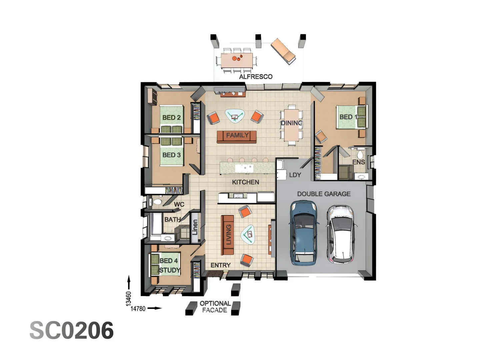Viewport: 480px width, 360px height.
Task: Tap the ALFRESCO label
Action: [256, 77]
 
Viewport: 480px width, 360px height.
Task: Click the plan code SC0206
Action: [72, 330]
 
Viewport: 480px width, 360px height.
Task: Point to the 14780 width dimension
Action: [138, 309]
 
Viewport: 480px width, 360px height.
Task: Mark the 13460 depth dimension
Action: [129, 299]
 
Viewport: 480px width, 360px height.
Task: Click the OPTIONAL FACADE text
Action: [215, 307]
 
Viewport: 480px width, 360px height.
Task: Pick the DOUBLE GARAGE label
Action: [324, 194]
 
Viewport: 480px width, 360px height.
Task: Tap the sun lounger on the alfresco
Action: [283, 51]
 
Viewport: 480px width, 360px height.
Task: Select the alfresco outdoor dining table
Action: [236, 61]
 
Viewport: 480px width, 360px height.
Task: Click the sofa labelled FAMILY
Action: [237, 136]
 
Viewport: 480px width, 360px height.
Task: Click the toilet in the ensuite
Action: [360, 155]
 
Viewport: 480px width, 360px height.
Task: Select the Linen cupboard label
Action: [195, 227]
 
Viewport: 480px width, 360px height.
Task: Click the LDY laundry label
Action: [295, 175]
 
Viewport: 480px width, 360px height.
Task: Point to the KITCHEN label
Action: [245, 182]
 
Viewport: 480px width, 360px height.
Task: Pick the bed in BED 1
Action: [351, 117]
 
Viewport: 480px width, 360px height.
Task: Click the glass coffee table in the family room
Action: [235, 116]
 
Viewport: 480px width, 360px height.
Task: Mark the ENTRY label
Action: [220, 265]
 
